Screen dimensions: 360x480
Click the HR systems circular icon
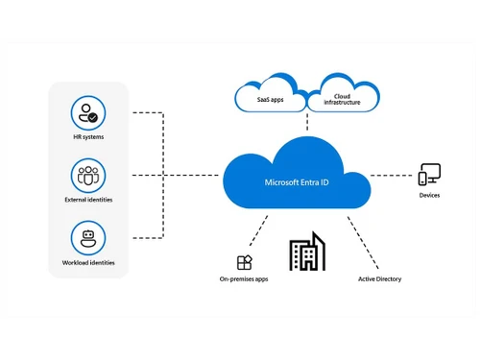tap(88, 113)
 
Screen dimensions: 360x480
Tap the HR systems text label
tap(88, 137)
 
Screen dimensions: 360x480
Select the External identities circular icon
tap(88, 175)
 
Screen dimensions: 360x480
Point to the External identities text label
tap(88, 200)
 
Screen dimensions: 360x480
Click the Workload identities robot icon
tap(88, 237)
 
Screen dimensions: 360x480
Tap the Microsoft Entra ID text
tap(296, 181)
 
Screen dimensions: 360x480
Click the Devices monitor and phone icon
tap(429, 175)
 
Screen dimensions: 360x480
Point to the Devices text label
tap(429, 196)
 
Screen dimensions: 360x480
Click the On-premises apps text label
tap(244, 279)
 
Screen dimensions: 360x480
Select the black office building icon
tap(307, 252)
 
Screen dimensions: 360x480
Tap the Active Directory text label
tap(379, 279)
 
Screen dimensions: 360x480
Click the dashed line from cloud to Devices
tap(392, 176)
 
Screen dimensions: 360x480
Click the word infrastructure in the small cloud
tap(341, 103)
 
